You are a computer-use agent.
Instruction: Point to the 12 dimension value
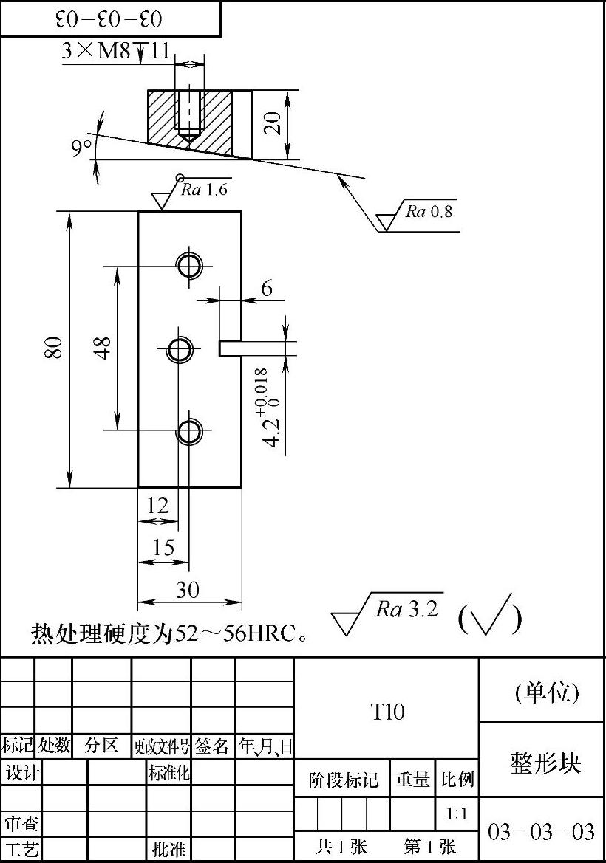point(157,506)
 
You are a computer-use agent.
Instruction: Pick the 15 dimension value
point(163,547)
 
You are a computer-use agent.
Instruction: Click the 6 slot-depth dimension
point(267,288)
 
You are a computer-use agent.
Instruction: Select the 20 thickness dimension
point(273,123)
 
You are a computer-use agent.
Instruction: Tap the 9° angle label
point(82,148)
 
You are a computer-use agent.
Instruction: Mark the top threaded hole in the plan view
point(189,264)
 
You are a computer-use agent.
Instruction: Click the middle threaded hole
point(179,348)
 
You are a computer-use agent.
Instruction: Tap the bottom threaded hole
point(189,430)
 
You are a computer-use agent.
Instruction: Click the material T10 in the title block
point(387,712)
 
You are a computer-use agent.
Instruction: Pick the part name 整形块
point(545,763)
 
